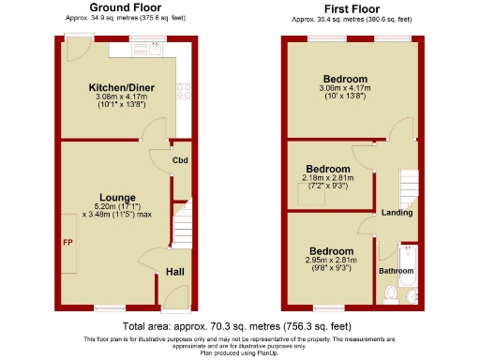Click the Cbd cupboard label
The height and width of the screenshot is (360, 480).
click(x=181, y=160)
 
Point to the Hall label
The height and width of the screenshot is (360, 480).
click(x=175, y=272)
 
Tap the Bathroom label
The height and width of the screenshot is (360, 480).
click(x=396, y=271)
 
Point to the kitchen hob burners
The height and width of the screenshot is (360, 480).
click(x=184, y=91)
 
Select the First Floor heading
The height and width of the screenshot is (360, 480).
click(x=351, y=7)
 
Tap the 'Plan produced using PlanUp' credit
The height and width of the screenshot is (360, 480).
click(x=240, y=352)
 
